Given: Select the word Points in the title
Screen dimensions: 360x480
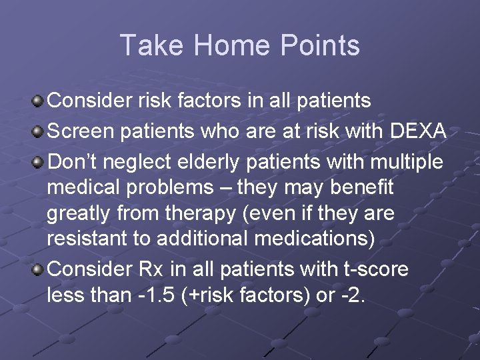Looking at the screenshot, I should pyautogui.click(x=320, y=45).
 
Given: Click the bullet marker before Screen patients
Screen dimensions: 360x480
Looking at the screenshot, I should pyautogui.click(x=39, y=132).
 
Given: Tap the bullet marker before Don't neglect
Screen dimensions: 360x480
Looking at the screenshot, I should pyautogui.click(x=39, y=162).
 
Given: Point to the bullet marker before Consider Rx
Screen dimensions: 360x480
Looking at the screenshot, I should pyautogui.click(x=39, y=270).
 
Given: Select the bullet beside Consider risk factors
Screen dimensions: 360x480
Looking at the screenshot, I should pyautogui.click(x=39, y=101).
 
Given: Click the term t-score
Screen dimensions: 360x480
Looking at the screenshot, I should pyautogui.click(x=374, y=269).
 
